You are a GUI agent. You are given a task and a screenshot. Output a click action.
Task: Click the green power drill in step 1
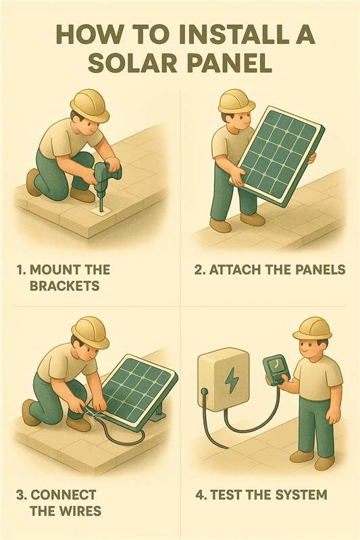point(106,182)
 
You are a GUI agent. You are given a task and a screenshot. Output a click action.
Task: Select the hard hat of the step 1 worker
point(90,105)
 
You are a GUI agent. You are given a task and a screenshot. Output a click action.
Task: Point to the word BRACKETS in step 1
point(65,286)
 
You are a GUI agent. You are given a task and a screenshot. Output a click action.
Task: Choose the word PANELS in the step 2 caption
point(320,269)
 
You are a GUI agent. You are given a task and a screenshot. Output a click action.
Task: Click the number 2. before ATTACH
point(200,269)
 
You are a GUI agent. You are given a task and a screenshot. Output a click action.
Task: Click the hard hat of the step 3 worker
point(91,332)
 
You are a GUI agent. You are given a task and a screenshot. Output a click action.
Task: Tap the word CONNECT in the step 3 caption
point(63,495)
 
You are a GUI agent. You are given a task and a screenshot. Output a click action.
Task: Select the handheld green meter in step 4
point(276,371)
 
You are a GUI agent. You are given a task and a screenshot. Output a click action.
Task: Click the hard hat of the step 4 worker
point(312,328)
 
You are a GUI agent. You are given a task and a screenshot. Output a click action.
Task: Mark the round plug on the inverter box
point(204,391)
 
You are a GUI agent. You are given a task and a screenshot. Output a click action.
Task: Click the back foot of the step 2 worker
point(220,225)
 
